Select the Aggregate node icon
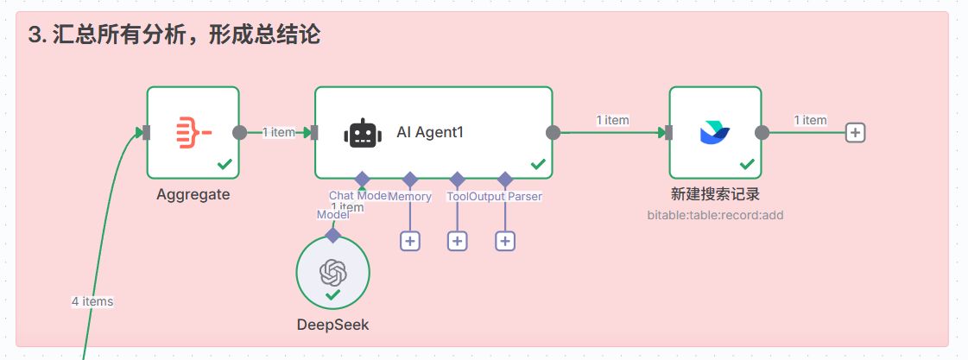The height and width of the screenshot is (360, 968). (x=193, y=132)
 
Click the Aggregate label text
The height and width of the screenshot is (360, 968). (x=193, y=194)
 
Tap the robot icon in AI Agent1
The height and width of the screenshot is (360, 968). (x=362, y=133)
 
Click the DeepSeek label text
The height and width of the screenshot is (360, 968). (x=332, y=325)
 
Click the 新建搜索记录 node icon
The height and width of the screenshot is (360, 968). (x=715, y=132)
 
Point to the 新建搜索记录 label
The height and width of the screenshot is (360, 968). (x=715, y=194)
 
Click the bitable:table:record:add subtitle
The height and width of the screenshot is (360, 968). (x=715, y=214)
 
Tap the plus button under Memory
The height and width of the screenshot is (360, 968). (x=409, y=241)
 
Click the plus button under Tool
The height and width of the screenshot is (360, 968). (x=458, y=241)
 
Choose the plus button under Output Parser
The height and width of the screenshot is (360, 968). (x=505, y=241)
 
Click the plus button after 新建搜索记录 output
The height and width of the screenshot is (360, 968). (x=855, y=132)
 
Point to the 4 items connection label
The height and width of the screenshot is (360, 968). (x=92, y=301)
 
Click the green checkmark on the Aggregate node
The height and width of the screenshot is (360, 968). (x=225, y=163)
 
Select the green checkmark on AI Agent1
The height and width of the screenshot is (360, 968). (x=538, y=163)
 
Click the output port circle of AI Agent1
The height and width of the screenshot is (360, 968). (x=554, y=132)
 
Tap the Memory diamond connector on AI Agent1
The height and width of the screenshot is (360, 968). (x=409, y=180)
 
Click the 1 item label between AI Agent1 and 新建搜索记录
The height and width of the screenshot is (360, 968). (x=612, y=120)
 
